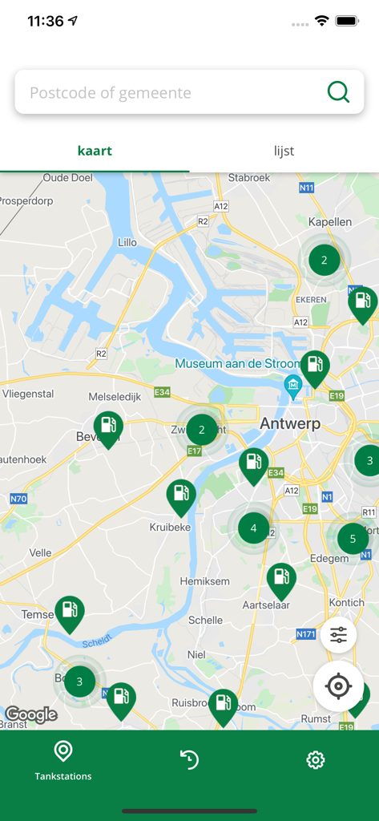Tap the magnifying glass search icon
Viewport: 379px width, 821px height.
coord(338,93)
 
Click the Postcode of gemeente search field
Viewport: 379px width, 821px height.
coord(168,93)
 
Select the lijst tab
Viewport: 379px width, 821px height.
coord(284,151)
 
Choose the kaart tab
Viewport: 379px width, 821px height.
coord(95,151)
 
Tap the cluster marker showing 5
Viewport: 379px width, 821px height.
coord(353,539)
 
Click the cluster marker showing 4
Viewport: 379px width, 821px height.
coord(253,528)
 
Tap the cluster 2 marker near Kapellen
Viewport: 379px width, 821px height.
coord(324,260)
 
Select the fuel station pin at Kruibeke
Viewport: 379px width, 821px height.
coord(181,495)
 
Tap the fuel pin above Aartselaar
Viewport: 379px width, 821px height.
coord(281,579)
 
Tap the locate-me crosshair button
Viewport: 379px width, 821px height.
coord(338,686)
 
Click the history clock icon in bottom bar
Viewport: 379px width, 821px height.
coord(189,759)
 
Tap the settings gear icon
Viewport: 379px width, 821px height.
coord(316,759)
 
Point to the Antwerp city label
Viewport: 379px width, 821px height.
coord(290,423)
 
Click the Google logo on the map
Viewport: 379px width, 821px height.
coord(31,714)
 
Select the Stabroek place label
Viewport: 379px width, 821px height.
coord(250,178)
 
